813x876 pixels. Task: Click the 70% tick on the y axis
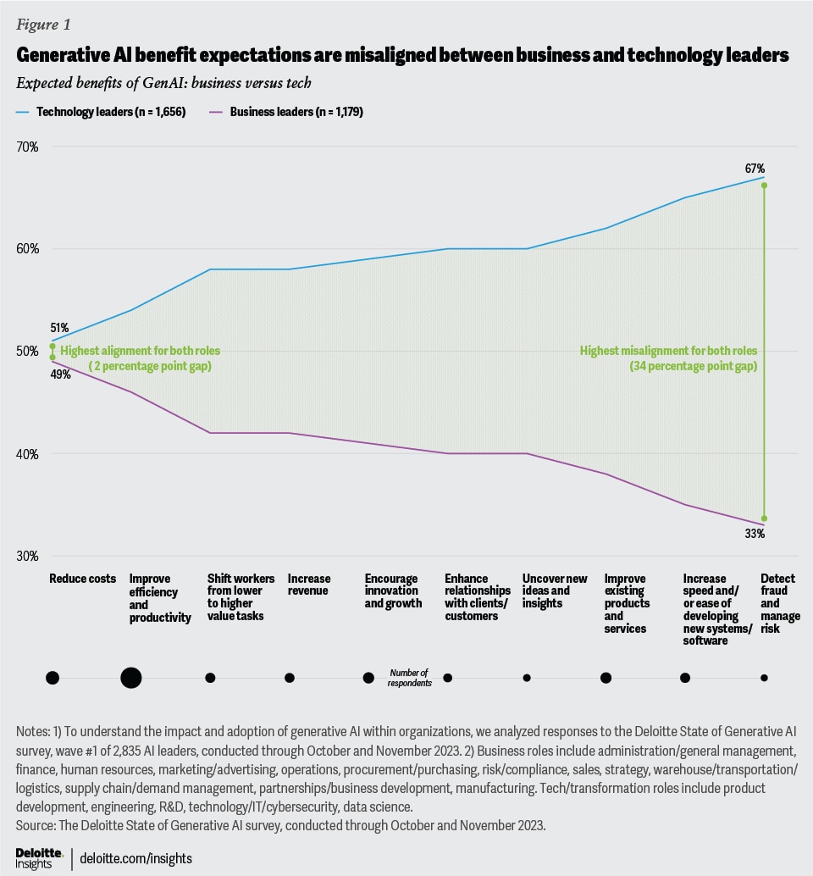pyautogui.click(x=27, y=147)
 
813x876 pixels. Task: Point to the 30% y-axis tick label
pyautogui.click(x=27, y=557)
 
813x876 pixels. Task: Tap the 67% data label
pyautogui.click(x=755, y=169)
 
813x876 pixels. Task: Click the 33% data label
pyautogui.click(x=755, y=534)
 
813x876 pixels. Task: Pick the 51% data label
pyautogui.click(x=58, y=328)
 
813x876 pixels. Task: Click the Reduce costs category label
pyautogui.click(x=82, y=579)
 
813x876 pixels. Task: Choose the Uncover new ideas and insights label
pyautogui.click(x=555, y=585)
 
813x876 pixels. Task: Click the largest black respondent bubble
pyautogui.click(x=131, y=678)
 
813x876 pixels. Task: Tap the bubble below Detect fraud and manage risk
pyautogui.click(x=764, y=678)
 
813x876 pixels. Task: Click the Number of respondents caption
pyautogui.click(x=411, y=677)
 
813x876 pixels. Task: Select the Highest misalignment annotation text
pyautogui.click(x=668, y=358)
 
